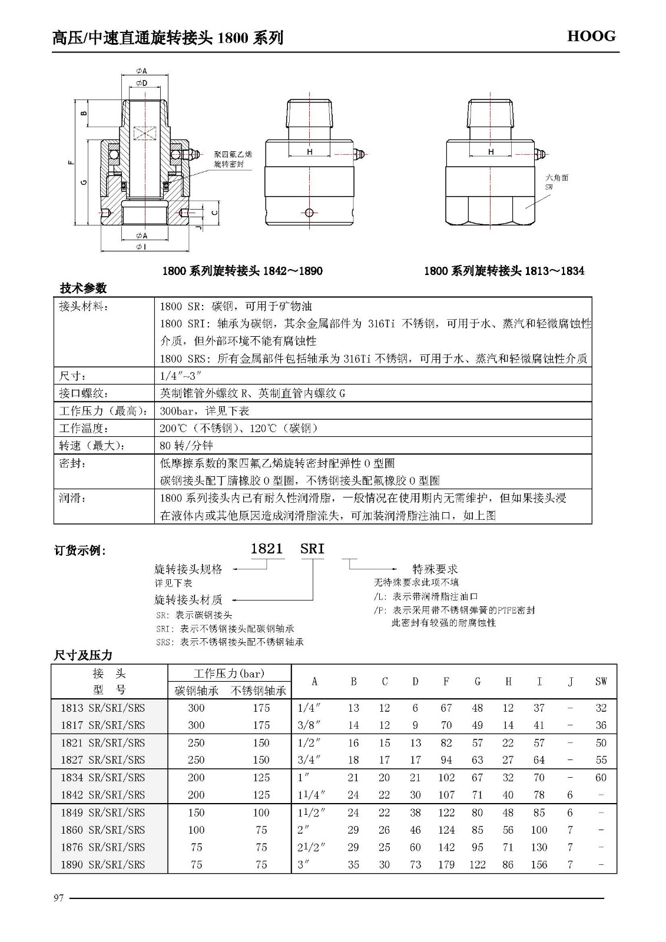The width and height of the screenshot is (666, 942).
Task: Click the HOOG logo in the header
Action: (x=591, y=37)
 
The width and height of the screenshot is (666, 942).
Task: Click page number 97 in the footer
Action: (x=58, y=898)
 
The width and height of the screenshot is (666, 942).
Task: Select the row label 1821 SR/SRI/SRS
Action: (x=102, y=743)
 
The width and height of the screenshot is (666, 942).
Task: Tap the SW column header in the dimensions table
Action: (x=601, y=682)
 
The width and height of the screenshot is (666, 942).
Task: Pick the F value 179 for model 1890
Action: (x=446, y=865)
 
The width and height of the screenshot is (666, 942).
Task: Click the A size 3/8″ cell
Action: (x=309, y=725)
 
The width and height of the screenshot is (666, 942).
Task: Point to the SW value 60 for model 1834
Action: (x=601, y=778)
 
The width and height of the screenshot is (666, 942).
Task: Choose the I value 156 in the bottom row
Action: (x=539, y=865)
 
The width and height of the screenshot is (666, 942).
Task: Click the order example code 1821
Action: (x=267, y=549)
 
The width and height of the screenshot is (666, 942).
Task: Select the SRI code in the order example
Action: (x=312, y=549)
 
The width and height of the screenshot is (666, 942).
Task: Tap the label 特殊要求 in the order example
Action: (x=435, y=569)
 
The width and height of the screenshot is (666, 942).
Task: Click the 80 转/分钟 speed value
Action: (x=186, y=446)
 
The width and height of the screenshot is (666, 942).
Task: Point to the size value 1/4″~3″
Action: (x=181, y=376)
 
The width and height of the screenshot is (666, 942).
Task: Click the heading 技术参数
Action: (x=83, y=288)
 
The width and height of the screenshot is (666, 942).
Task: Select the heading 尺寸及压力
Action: (x=83, y=655)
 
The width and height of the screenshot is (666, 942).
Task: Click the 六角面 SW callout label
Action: (x=556, y=181)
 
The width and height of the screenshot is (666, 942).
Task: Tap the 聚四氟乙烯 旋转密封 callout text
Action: (x=233, y=159)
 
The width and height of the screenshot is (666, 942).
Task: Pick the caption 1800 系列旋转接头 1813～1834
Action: (x=504, y=271)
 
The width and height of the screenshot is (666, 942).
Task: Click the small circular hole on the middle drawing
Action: (x=310, y=212)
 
